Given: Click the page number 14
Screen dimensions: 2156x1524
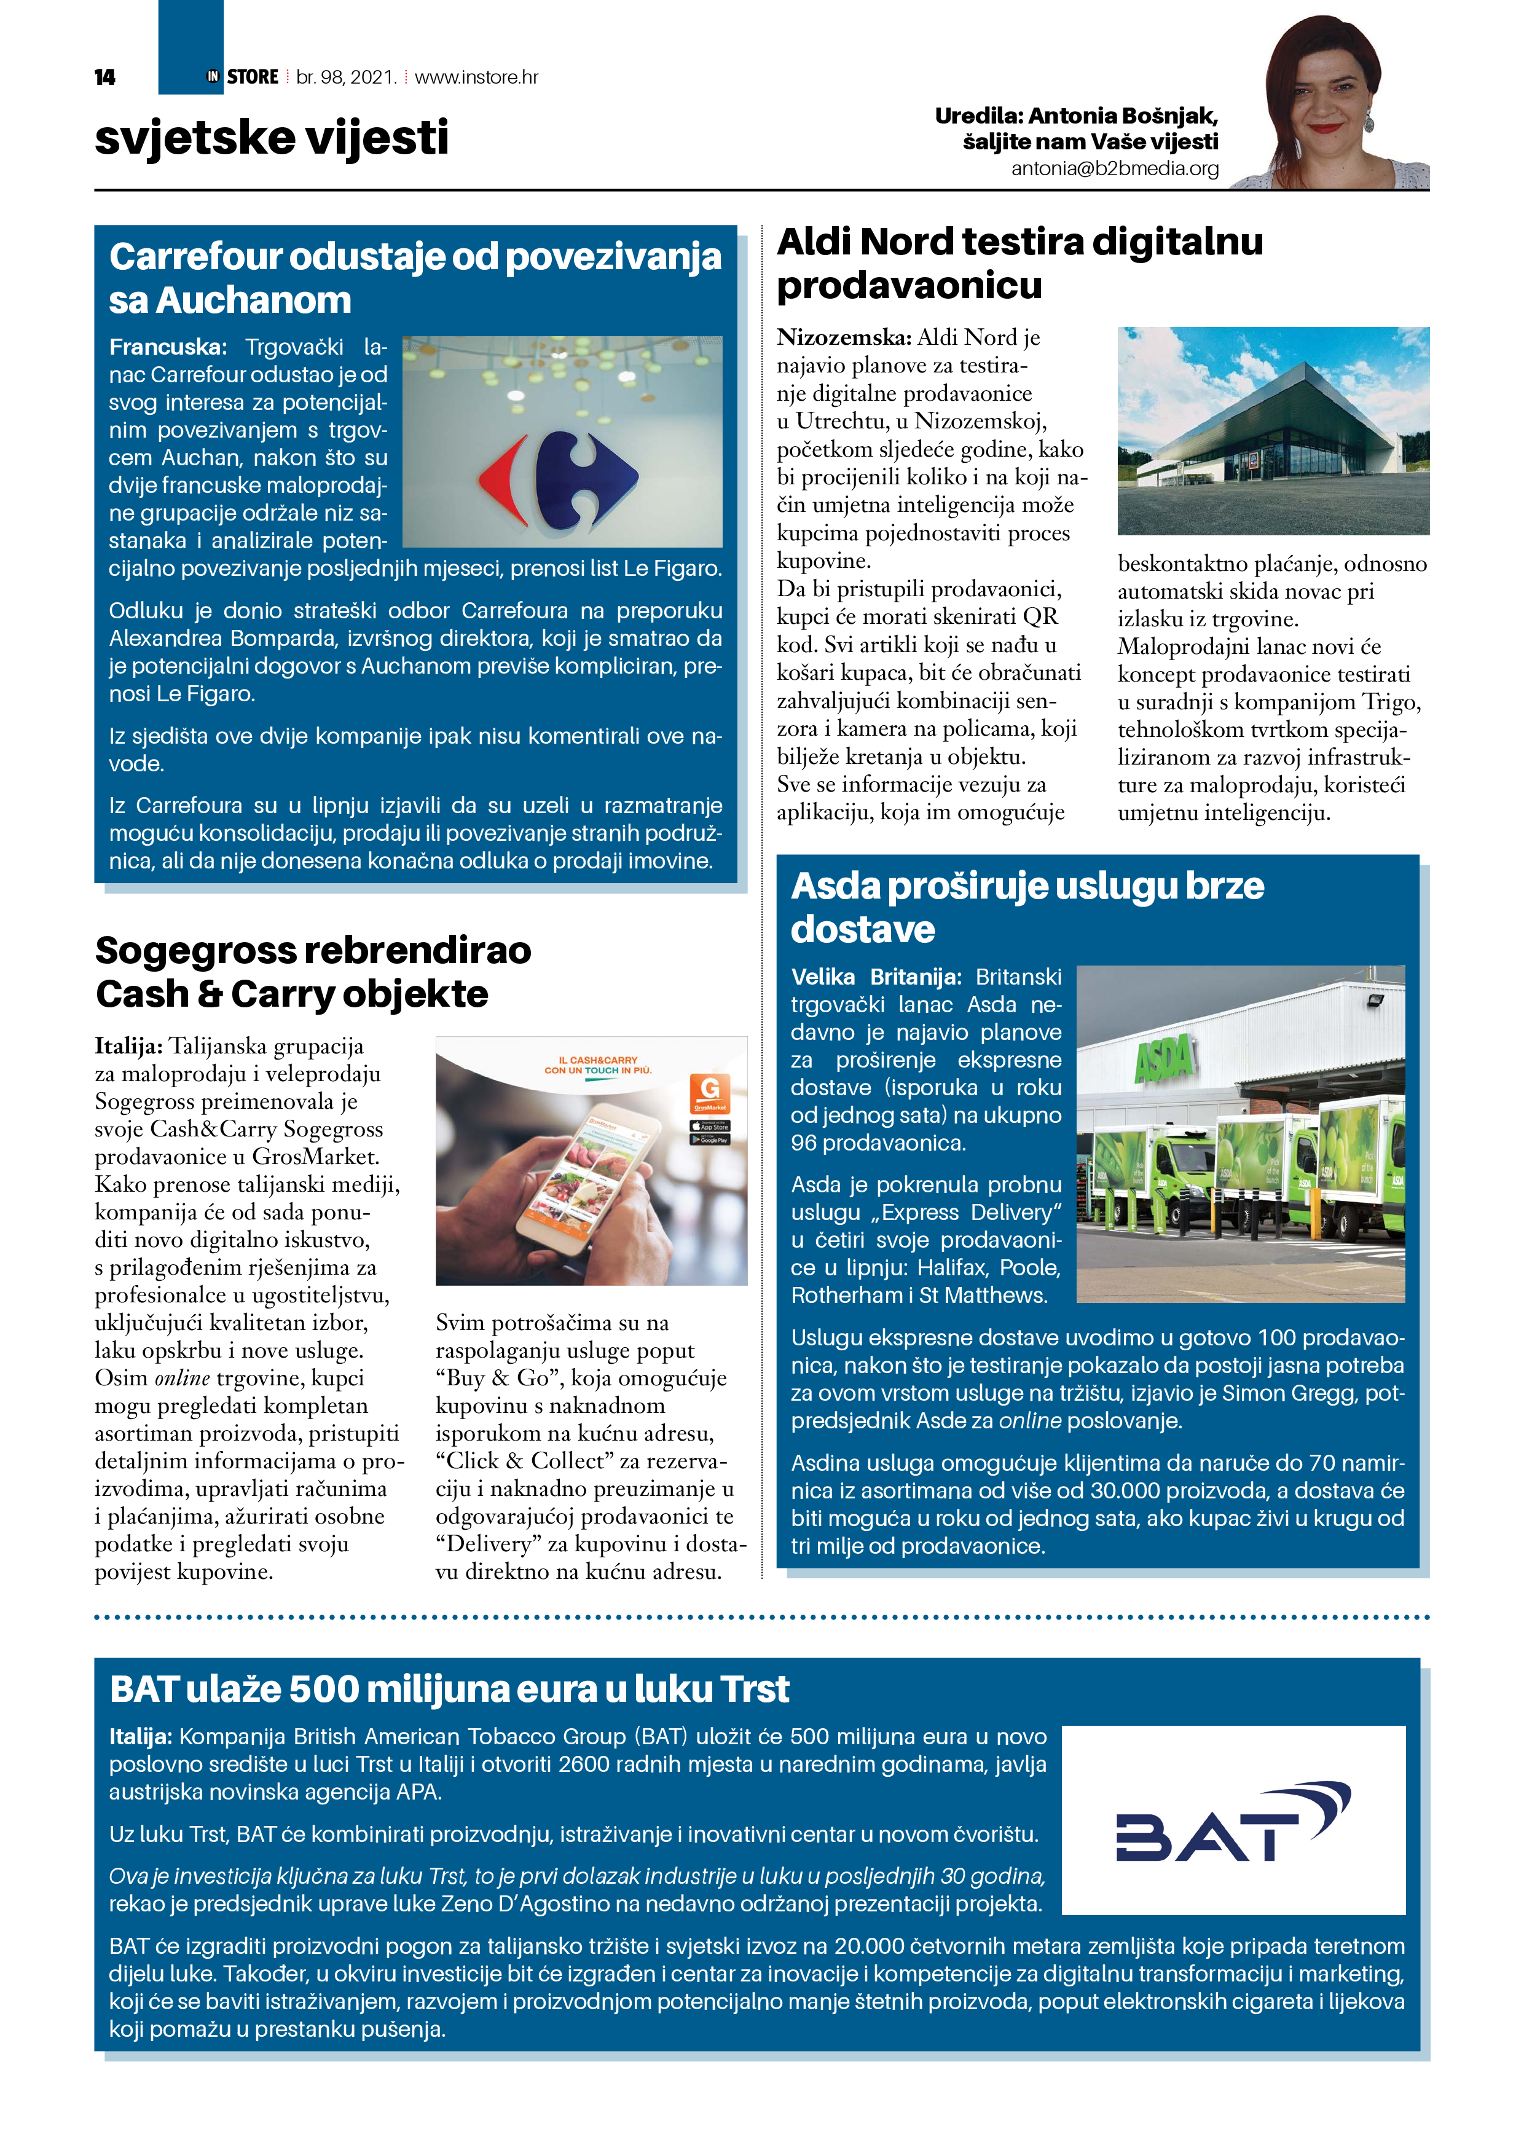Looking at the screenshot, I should tap(104, 77).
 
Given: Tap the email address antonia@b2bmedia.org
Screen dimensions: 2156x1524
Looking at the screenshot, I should tap(1115, 169).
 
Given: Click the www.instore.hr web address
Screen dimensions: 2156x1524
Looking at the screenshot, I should tap(476, 77).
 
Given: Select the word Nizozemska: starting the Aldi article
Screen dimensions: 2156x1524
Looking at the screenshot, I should tap(843, 338).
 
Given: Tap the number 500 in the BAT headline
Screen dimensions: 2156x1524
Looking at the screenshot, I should tap(322, 1690).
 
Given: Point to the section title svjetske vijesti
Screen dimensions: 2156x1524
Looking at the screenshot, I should tap(272, 138).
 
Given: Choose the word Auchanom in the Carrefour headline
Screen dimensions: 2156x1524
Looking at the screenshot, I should tap(254, 301).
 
